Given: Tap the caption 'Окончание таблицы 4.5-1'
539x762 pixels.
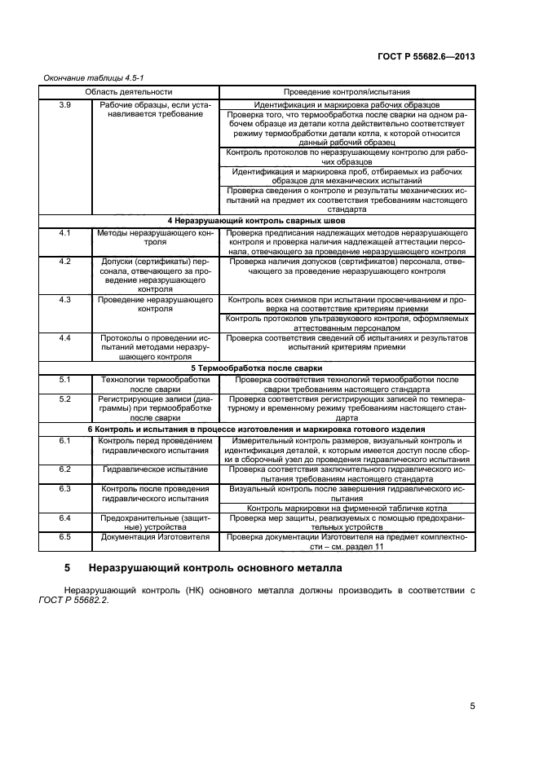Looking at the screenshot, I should click(86, 77).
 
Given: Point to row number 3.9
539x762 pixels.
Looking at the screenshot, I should click(66, 105).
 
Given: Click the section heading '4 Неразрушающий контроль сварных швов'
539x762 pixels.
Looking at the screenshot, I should click(256, 221).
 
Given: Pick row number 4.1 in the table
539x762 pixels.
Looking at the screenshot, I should click(66, 234).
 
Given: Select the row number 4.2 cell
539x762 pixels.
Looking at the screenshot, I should click(66, 261).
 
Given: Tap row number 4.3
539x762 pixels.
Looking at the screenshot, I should click(66, 300).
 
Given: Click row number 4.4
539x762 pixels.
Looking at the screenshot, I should click(66, 337).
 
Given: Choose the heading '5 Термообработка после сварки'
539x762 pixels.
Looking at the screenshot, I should click(256, 368).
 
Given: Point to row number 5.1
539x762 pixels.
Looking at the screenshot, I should click(66, 380).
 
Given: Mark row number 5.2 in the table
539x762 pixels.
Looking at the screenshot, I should click(66, 399).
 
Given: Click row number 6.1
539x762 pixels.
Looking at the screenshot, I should click(66, 441).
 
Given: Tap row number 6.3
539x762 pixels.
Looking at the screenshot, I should click(66, 488).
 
